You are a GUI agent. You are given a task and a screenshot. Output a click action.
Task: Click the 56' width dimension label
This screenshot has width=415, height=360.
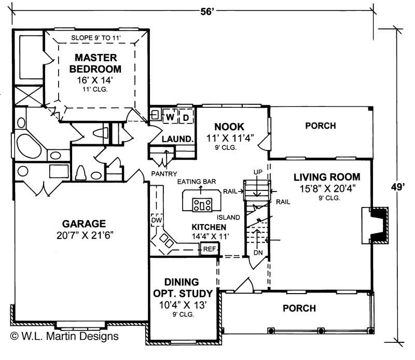(x=206, y=9)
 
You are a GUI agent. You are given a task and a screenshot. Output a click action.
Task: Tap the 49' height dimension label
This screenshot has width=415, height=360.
(x=398, y=187)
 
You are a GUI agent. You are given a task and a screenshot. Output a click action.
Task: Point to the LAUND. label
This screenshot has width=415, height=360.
(x=178, y=139)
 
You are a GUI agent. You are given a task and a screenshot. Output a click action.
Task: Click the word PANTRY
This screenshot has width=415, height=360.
(x=164, y=173)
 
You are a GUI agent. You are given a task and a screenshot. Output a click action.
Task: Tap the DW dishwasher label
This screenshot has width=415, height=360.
(x=157, y=220)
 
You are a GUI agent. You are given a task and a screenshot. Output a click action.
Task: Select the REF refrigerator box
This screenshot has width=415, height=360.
(x=210, y=250)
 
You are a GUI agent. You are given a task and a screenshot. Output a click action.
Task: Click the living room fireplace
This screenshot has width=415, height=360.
(x=376, y=225)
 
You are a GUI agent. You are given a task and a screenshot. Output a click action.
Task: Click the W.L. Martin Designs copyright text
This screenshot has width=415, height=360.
(x=64, y=336)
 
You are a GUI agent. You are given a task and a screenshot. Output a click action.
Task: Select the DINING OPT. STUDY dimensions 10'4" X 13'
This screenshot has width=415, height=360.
(x=183, y=305)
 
